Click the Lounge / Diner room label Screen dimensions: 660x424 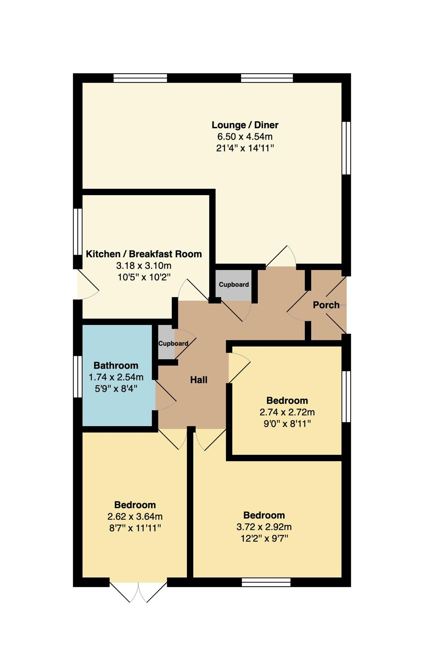(245, 125)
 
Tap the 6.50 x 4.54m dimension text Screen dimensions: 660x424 (245, 137)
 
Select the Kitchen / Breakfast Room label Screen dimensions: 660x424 (144, 254)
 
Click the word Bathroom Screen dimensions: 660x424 (116, 365)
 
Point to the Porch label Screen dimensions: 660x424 (326, 305)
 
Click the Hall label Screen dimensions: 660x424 (199, 380)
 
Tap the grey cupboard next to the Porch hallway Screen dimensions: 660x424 (234, 285)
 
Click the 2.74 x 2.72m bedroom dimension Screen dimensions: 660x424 (287, 412)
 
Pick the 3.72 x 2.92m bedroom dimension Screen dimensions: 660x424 (264, 527)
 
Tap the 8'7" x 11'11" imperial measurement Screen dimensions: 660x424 (135, 528)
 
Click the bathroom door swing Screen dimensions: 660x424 (165, 396)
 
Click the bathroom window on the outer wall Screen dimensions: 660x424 (78, 377)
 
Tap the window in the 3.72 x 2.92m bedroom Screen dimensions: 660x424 (266, 582)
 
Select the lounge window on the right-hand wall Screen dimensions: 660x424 (346, 148)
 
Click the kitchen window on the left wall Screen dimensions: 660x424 (78, 232)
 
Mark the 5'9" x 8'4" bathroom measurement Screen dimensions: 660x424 (116, 389)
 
